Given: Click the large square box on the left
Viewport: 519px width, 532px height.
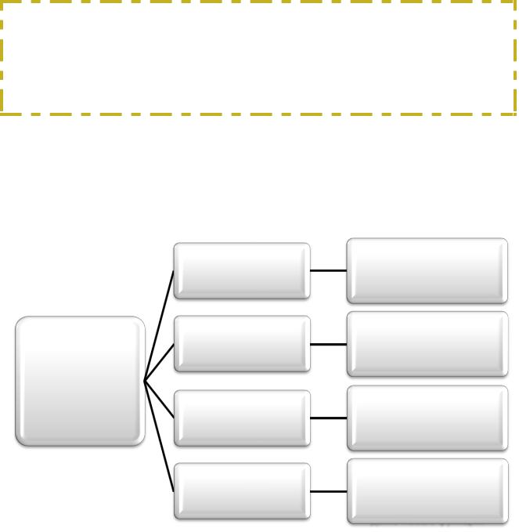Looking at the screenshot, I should pyautogui.click(x=80, y=382).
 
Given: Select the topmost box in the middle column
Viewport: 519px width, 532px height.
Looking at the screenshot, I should pyautogui.click(x=242, y=271).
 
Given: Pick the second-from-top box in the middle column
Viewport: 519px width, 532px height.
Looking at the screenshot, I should pyautogui.click(x=242, y=344).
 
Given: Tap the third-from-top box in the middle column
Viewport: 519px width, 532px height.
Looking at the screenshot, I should pyautogui.click(x=242, y=418).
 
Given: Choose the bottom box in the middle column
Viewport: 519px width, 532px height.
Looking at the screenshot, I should pyautogui.click(x=242, y=491).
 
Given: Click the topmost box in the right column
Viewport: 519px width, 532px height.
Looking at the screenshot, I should pyautogui.click(x=427, y=271).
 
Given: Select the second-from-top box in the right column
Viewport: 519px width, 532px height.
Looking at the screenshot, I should pyautogui.click(x=427, y=344).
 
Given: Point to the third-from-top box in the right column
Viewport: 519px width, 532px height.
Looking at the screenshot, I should pyautogui.click(x=427, y=418).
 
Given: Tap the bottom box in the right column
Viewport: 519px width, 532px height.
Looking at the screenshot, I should pyautogui.click(x=427, y=491).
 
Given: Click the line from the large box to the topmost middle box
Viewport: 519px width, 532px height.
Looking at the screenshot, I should pyautogui.click(x=159, y=326).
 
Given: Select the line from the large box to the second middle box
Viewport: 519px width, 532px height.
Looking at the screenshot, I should pyautogui.click(x=159, y=363).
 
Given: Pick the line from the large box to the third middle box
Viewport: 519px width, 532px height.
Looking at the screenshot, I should pyautogui.click(x=159, y=400).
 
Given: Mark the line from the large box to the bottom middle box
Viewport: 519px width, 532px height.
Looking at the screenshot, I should pyautogui.click(x=159, y=436).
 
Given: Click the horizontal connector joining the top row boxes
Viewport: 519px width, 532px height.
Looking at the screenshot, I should pyautogui.click(x=328, y=270).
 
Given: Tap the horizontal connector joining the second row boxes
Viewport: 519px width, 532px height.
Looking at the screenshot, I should pyautogui.click(x=328, y=344).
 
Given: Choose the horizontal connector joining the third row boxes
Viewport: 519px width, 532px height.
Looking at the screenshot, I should pyautogui.click(x=328, y=418).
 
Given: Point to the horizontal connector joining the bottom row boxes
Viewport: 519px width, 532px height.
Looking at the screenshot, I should pyautogui.click(x=328, y=491).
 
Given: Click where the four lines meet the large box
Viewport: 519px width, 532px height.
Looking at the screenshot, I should pyautogui.click(x=145, y=382).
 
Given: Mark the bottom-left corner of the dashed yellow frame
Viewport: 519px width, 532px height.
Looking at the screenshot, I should pyautogui.click(x=2, y=114).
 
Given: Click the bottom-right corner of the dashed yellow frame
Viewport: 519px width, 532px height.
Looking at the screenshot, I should pyautogui.click(x=514, y=114).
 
